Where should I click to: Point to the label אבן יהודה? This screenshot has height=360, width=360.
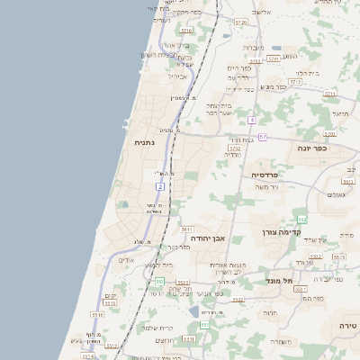205,238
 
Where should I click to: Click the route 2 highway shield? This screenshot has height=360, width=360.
161,186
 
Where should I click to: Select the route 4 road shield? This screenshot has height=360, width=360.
253,120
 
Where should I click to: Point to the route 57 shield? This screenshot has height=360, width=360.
262,137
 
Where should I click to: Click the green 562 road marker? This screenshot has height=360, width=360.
302,219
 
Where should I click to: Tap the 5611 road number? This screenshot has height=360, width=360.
187,229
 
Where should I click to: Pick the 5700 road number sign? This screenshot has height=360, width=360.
329,133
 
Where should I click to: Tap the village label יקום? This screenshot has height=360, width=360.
110,295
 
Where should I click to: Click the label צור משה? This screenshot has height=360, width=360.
266,186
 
